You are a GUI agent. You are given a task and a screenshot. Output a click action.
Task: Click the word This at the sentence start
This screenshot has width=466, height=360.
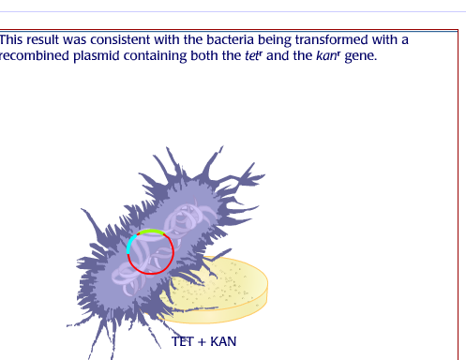(x=14, y=39)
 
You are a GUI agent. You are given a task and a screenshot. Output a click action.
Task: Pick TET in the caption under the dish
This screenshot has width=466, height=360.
(x=183, y=341)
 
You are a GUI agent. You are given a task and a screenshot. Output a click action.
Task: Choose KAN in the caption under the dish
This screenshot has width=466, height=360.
(x=223, y=341)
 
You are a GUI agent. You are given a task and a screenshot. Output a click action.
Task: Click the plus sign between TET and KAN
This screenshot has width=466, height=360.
(x=202, y=341)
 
